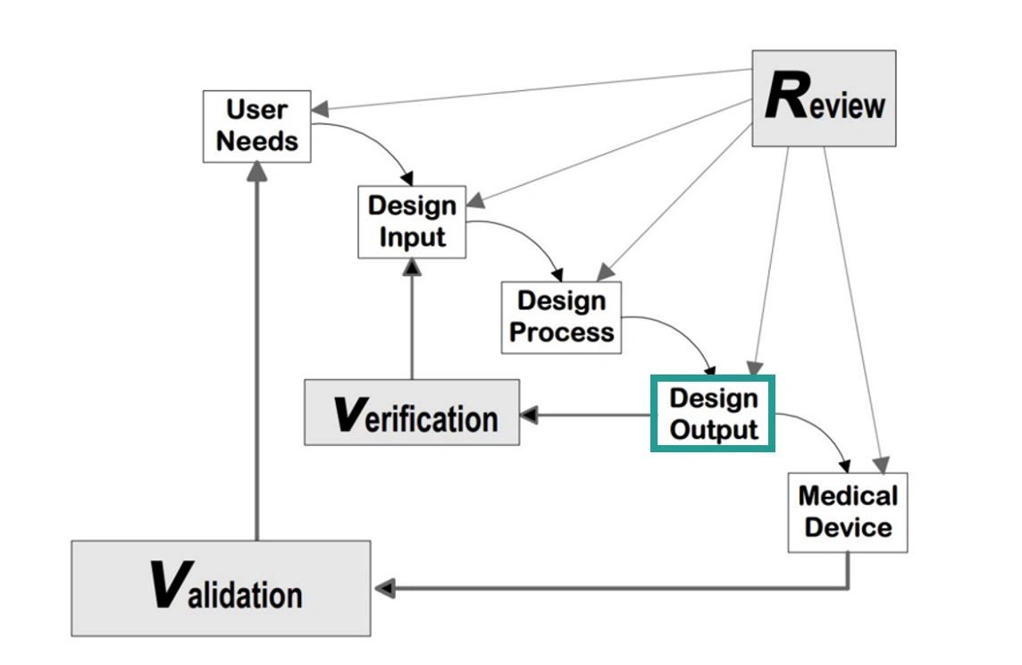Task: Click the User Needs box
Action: click(257, 126)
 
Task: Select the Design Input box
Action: click(412, 222)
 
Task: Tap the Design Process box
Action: click(561, 317)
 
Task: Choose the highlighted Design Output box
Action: click(713, 414)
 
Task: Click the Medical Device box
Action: click(847, 512)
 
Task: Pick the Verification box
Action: click(412, 412)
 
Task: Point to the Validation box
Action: click(221, 588)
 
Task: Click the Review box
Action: click(824, 98)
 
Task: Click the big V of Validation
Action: click(167, 586)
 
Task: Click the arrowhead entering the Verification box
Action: click(529, 415)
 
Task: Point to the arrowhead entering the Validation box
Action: click(384, 588)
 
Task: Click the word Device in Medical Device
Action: click(848, 526)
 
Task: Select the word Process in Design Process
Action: click(562, 332)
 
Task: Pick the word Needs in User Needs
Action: click(257, 141)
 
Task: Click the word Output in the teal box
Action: click(714, 429)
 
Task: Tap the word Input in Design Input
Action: click(412, 238)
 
